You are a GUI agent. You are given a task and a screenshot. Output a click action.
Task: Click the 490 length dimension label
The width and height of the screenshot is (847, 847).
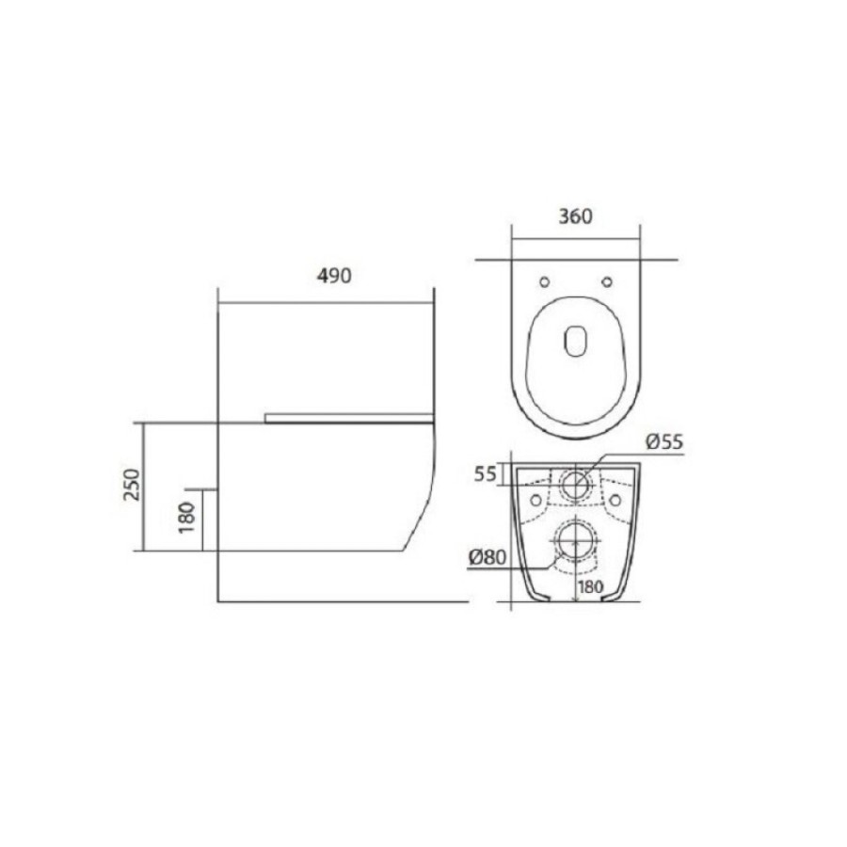pyautogui.click(x=334, y=276)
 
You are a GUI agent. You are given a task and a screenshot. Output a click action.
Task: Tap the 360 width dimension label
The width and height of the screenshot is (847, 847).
pyautogui.click(x=575, y=216)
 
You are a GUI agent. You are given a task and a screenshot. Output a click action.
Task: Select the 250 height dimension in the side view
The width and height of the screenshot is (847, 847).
pyautogui.click(x=131, y=485)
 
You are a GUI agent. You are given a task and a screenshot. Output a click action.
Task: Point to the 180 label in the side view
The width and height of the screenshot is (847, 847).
pyautogui.click(x=186, y=518)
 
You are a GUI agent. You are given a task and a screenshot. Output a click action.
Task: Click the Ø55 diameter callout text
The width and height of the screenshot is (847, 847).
pyautogui.click(x=664, y=442)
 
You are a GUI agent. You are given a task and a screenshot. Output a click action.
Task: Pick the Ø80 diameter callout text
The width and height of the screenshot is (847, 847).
pyautogui.click(x=487, y=557)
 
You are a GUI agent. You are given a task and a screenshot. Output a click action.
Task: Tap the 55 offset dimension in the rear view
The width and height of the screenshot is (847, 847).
pyautogui.click(x=485, y=474)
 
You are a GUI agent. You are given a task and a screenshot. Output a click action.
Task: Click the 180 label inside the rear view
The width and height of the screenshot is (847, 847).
pyautogui.click(x=590, y=586)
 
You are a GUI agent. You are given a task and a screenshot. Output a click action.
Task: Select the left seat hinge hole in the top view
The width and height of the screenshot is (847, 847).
pyautogui.click(x=545, y=281)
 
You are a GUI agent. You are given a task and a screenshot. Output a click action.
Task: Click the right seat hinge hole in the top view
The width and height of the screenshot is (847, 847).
pyautogui.click(x=607, y=281)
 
